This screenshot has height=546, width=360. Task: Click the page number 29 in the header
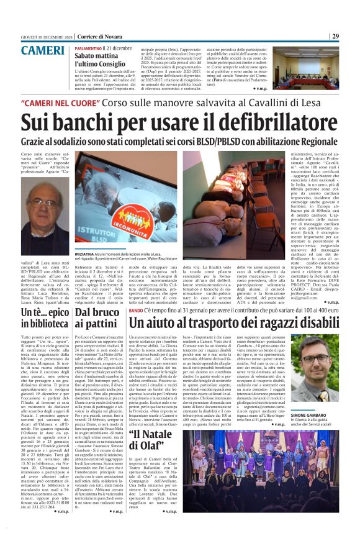click(352, 36)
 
